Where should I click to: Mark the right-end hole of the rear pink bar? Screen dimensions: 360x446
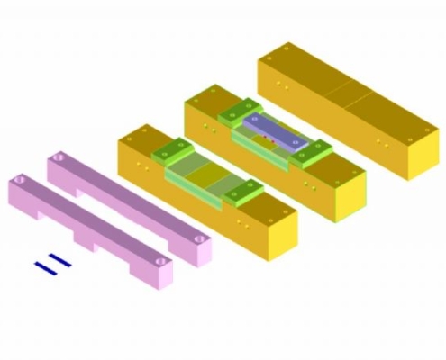click(200, 238)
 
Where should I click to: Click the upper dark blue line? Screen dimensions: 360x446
click(59, 261)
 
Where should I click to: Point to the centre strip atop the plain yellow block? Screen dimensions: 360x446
click(347, 90)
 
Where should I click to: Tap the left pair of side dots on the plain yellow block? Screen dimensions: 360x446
click(280, 87)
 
